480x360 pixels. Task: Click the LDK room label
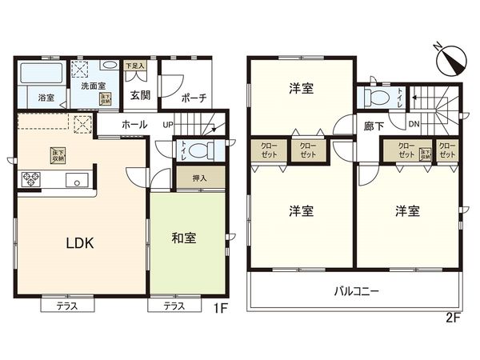(79, 243)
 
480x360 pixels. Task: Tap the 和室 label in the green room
(185, 237)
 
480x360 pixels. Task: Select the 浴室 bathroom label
(46, 98)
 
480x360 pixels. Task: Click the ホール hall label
(134, 126)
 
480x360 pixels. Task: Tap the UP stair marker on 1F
(168, 126)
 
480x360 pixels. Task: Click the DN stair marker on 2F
(414, 124)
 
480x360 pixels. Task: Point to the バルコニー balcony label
(356, 291)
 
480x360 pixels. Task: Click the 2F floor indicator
(453, 318)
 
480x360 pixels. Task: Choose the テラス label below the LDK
(66, 306)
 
